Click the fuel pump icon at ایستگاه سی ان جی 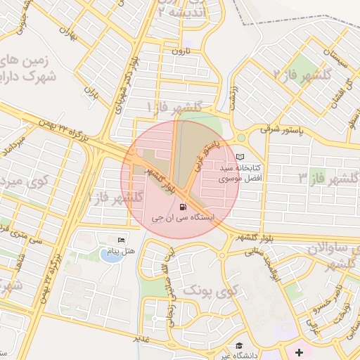click(184, 207)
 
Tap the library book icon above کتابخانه click(241, 156)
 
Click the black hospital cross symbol click(299, 351)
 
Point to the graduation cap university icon click(240, 345)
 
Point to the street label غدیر click(141, 340)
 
